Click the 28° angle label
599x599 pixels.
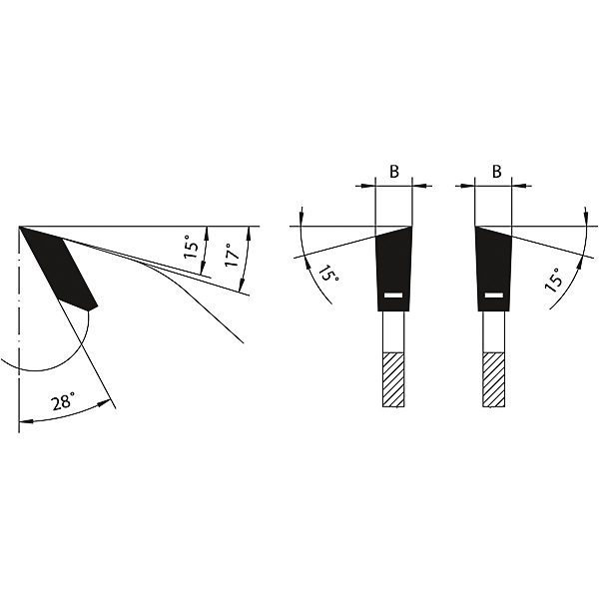(62, 402)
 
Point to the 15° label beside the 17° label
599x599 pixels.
(192, 249)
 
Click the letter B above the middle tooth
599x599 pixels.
(393, 171)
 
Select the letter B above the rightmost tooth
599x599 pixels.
(496, 171)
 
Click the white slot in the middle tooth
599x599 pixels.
(392, 296)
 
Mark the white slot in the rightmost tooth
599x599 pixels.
(493, 296)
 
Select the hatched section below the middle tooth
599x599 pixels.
(392, 379)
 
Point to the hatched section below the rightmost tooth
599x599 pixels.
(493, 379)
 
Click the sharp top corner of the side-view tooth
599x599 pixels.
(20, 228)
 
